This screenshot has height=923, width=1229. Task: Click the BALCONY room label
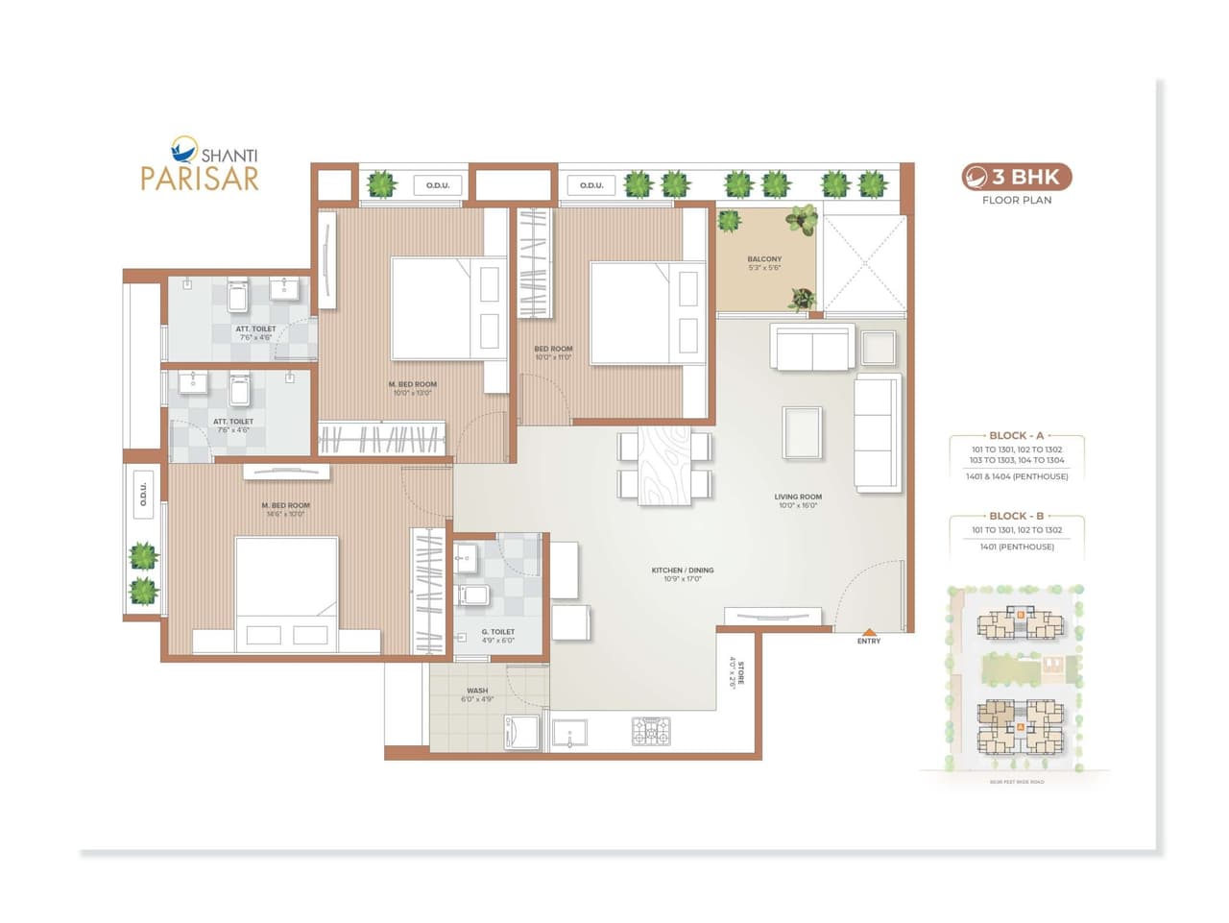pyautogui.click(x=764, y=259)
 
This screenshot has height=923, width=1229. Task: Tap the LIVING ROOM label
pyautogui.click(x=798, y=498)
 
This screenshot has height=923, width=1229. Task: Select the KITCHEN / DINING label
pyautogui.click(x=683, y=571)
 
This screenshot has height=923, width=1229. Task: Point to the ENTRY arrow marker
pyautogui.click(x=868, y=630)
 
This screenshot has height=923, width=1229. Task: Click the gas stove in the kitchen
pyautogui.click(x=651, y=732)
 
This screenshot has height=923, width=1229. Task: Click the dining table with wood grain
pyautogui.click(x=664, y=463)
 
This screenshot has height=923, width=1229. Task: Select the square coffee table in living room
pyautogui.click(x=802, y=433)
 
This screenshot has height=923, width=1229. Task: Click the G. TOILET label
pyautogui.click(x=498, y=632)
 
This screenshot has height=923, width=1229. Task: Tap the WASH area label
pyautogui.click(x=477, y=691)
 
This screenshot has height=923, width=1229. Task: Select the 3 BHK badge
pyautogui.click(x=1017, y=177)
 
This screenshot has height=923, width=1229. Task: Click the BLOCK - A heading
pyautogui.click(x=1016, y=435)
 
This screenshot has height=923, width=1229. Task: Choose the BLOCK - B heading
pyautogui.click(x=1016, y=516)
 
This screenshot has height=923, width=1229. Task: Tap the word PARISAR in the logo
pyautogui.click(x=200, y=179)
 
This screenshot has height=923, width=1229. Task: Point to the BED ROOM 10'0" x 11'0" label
pyautogui.click(x=553, y=350)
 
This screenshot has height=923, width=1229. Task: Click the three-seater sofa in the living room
pyautogui.click(x=878, y=433)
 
